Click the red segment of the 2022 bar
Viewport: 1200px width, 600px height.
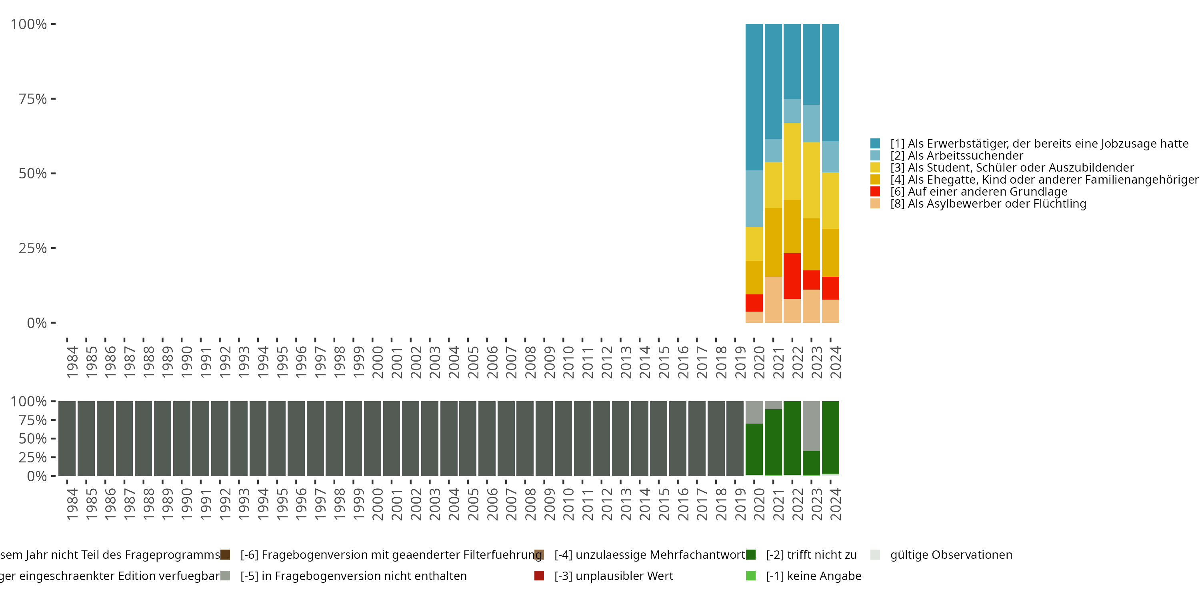coord(792,276)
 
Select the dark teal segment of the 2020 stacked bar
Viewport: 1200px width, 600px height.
coord(754,97)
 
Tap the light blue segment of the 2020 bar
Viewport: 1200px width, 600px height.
coord(754,198)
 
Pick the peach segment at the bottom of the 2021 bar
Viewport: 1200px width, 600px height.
coord(773,300)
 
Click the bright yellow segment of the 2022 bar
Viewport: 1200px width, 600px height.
coord(792,161)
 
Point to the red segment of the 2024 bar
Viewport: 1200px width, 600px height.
coord(830,288)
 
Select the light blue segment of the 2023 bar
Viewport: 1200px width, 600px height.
coord(811,124)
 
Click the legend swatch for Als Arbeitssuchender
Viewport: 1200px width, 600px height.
coord(875,156)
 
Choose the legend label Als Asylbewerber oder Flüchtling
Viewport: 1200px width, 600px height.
coord(988,204)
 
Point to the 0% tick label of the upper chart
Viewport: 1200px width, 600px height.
coord(37,323)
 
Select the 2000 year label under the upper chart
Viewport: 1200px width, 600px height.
coord(377,362)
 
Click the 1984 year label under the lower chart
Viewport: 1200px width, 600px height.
coord(72,504)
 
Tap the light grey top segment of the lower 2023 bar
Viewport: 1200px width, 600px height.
coord(811,426)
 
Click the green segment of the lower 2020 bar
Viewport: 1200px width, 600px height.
coord(754,449)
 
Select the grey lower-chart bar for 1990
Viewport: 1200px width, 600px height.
coord(181,438)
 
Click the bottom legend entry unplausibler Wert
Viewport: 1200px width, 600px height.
coord(614,576)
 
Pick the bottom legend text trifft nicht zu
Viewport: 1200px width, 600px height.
coord(811,555)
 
